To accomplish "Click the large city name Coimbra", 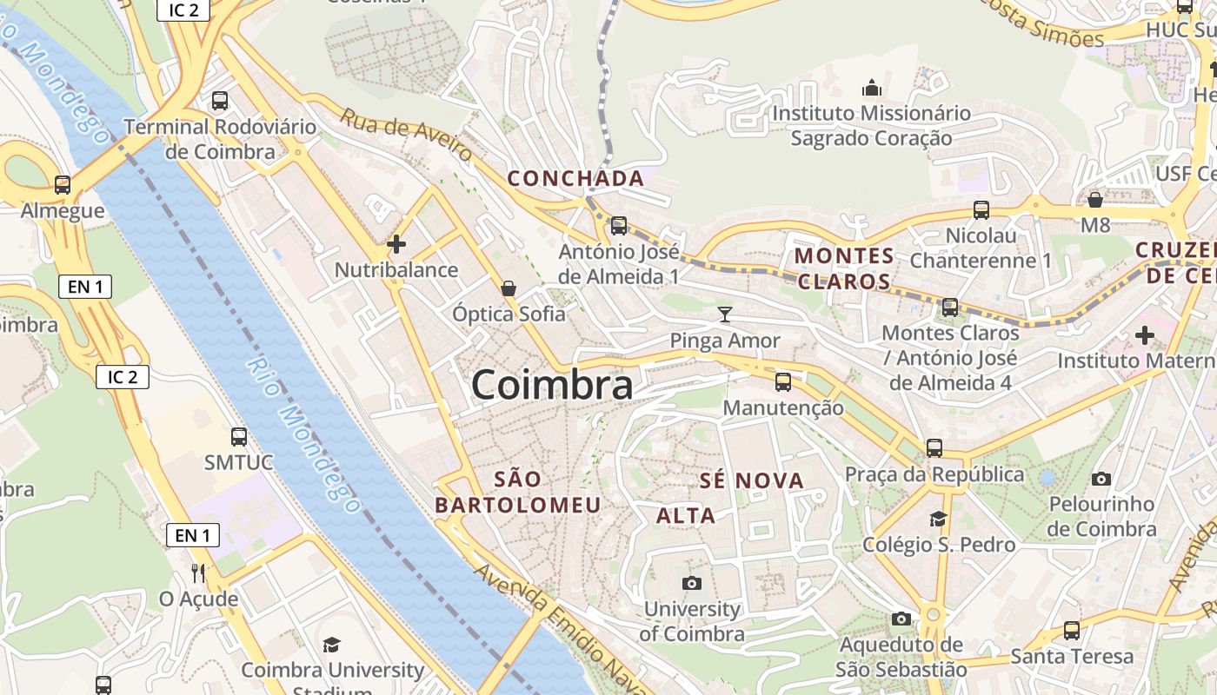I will tap(552, 385).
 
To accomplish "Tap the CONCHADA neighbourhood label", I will tap(575, 179).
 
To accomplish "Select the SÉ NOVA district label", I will tap(752, 480).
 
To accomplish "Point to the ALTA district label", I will tap(686, 516).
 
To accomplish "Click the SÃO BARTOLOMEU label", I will tap(518, 493).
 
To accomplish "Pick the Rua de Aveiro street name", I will tap(406, 135).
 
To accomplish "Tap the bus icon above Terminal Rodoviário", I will tap(220, 100).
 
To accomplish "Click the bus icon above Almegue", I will tap(63, 184).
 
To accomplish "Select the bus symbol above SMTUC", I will tap(239, 436).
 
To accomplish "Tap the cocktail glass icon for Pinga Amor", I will tap(725, 314).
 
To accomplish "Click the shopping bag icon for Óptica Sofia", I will tap(509, 288).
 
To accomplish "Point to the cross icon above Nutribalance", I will tap(396, 244).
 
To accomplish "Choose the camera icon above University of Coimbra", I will tap(692, 583).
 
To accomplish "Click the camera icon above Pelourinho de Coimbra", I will tap(1101, 479).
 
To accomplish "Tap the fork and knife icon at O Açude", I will tap(198, 573).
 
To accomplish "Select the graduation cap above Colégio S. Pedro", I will tap(938, 519).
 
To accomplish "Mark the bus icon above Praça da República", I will tap(934, 447).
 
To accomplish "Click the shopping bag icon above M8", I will tap(1095, 200).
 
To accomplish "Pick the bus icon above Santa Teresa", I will tap(1072, 631).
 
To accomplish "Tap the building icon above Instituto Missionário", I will tap(871, 88).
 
